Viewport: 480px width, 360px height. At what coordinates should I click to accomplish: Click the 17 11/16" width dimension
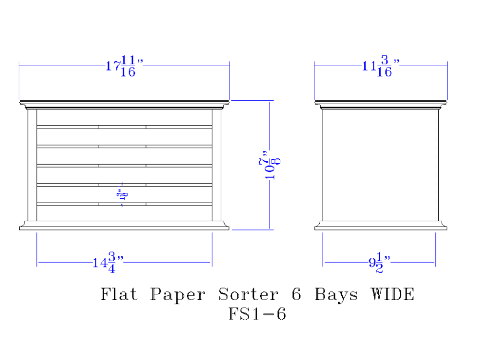click(124, 66)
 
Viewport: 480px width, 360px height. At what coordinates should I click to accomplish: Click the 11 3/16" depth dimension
click(381, 66)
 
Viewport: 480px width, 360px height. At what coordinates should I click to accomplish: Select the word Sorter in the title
click(248, 294)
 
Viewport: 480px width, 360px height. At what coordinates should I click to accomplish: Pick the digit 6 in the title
click(297, 294)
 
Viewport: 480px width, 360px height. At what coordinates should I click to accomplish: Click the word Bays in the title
click(336, 294)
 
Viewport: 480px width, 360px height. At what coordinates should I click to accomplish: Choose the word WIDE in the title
click(392, 294)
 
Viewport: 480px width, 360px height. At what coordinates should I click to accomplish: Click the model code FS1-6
click(257, 314)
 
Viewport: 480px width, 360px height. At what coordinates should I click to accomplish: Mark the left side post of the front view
click(32, 166)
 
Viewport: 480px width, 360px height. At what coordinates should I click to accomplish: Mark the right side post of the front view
click(216, 166)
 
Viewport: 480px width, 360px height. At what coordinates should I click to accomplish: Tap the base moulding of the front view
click(124, 226)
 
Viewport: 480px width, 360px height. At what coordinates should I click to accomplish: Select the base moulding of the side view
click(381, 226)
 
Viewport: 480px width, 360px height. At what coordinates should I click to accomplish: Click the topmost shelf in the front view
click(124, 127)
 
